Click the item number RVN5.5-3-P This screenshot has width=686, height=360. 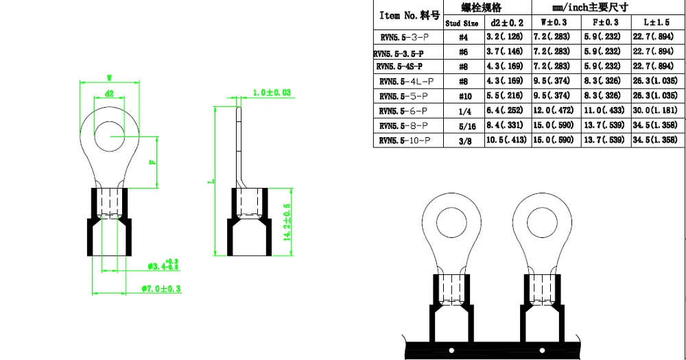(x=404, y=37)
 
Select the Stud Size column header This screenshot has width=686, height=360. (x=462, y=23)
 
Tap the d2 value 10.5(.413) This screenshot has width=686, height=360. (x=506, y=140)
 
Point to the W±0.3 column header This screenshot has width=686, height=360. (x=554, y=23)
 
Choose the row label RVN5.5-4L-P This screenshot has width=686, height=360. (x=406, y=82)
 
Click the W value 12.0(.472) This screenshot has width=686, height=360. (x=553, y=110)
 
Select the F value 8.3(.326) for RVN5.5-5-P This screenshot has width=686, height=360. (x=602, y=95)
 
